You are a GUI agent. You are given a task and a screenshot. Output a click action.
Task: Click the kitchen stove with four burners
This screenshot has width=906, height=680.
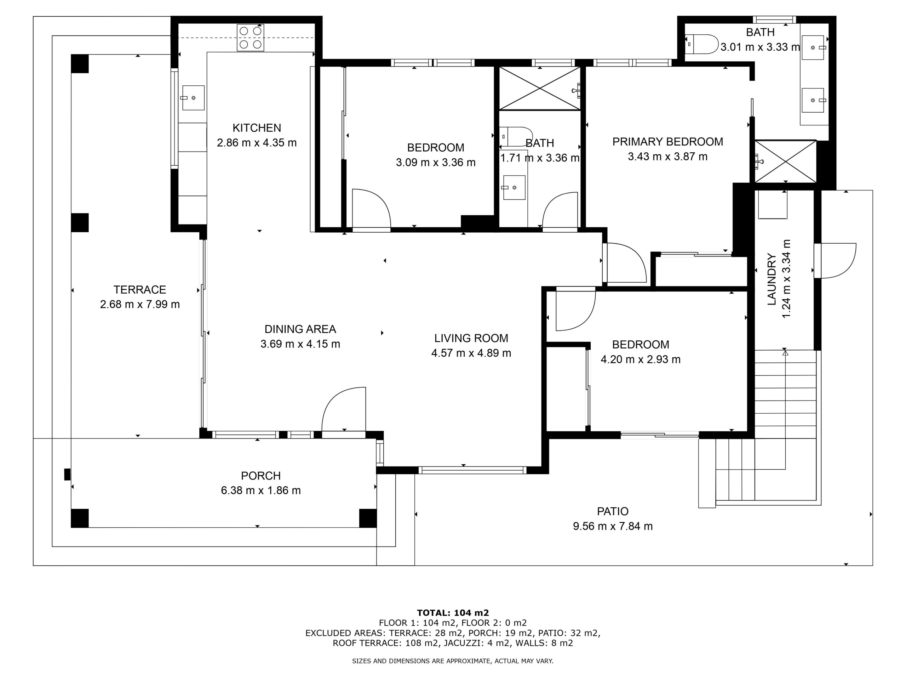[250, 38]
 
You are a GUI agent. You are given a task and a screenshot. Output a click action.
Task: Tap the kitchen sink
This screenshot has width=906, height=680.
[193, 97]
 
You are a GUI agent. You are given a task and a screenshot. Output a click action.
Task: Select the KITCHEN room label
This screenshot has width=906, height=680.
[257, 128]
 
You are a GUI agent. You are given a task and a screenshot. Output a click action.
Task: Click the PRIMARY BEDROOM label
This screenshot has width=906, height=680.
[667, 142]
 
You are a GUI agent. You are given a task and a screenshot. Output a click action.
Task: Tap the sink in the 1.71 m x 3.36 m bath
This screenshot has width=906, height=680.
[514, 188]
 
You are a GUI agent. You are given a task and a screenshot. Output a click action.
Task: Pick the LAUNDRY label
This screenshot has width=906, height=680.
[772, 279]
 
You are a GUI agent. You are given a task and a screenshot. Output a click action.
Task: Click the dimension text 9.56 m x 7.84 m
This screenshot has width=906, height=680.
[613, 526]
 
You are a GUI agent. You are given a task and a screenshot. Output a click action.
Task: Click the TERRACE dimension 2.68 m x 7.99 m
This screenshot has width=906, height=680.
[140, 305]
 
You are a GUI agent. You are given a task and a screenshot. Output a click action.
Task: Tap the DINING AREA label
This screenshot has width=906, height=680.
[300, 329]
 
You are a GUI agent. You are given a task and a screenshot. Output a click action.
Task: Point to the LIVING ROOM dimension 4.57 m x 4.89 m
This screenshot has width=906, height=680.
[471, 353]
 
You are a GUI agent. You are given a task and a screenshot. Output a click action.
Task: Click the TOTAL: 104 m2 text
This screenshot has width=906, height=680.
[453, 613]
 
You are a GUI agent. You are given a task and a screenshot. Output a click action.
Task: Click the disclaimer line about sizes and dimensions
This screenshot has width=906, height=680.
[453, 661]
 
